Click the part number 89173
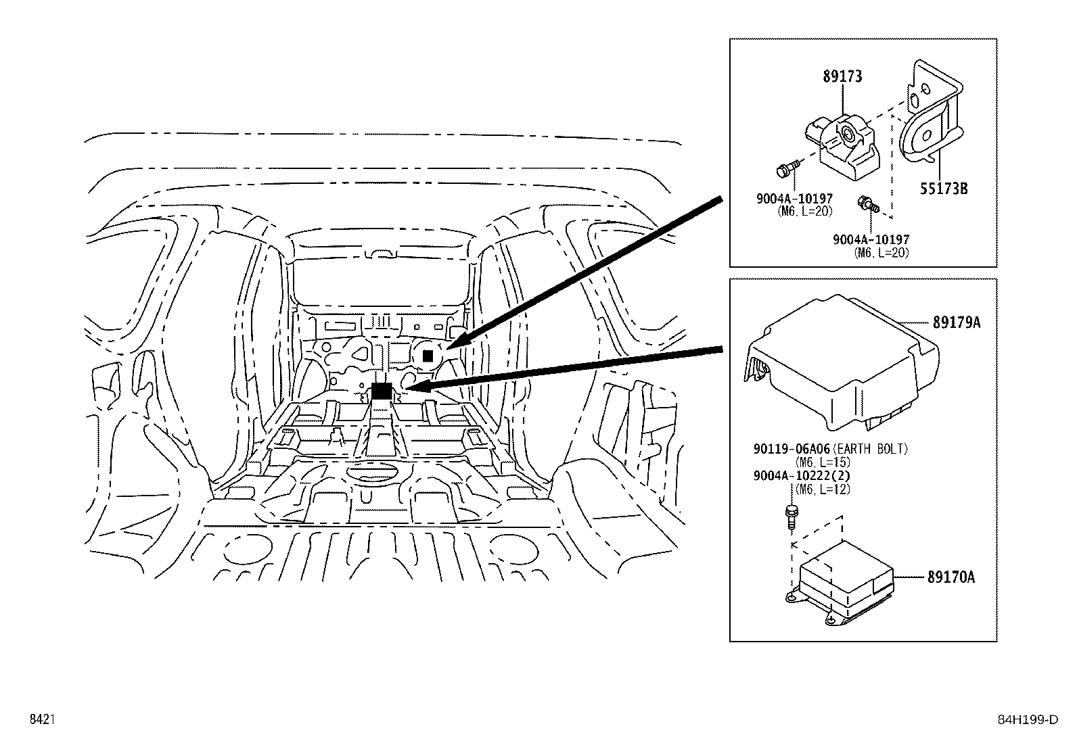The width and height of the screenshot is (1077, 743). click(x=842, y=76)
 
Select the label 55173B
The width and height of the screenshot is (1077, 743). click(x=943, y=189)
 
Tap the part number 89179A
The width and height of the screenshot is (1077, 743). click(x=956, y=322)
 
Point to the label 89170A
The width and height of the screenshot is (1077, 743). click(x=950, y=577)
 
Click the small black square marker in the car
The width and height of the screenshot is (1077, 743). click(x=428, y=356)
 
